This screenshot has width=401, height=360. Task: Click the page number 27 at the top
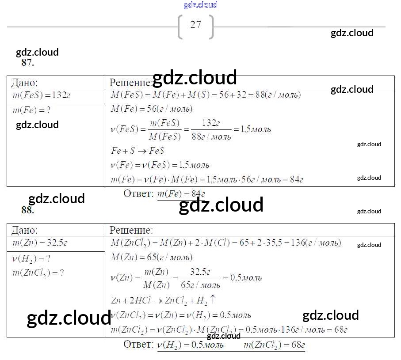tap(195, 25)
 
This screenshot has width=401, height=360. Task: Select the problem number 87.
tap(27, 63)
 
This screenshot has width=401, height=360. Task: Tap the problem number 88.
tap(27, 210)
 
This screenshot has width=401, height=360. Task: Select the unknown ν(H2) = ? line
tap(31, 259)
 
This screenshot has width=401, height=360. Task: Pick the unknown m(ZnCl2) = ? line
tap(38, 273)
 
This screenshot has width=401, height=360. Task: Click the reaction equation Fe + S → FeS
tap(137, 151)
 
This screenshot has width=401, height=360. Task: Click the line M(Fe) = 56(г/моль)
tap(152, 109)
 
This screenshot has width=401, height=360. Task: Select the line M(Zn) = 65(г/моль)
tap(152, 257)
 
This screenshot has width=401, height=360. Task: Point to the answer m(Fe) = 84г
tap(181, 194)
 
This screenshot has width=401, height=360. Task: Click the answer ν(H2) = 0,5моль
tap(190, 345)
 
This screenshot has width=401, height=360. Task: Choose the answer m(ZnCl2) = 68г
tap(274, 345)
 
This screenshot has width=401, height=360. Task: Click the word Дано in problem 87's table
tap(24, 82)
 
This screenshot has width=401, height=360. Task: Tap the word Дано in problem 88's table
tap(24, 230)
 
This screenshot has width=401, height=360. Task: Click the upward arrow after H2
tap(213, 299)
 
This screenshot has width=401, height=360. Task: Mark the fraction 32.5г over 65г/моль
tap(200, 278)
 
